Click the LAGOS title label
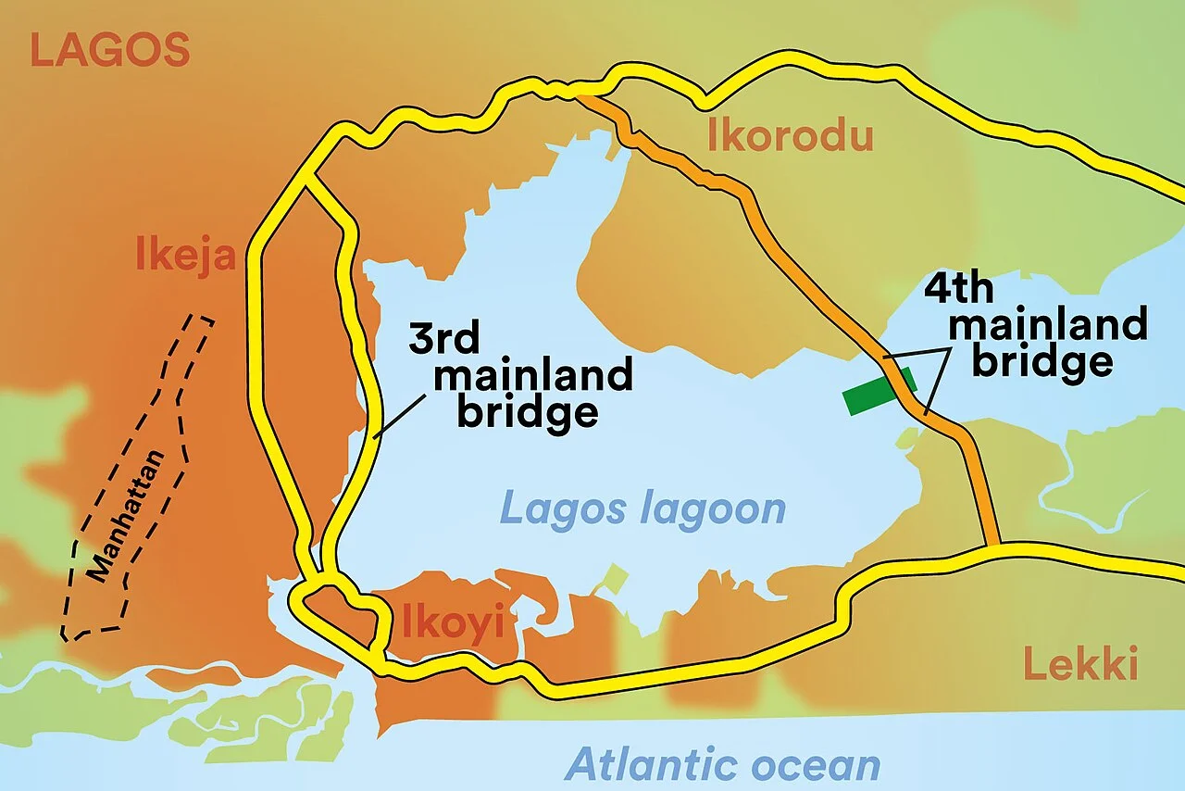(x=109, y=50)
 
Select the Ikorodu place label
(x=790, y=137)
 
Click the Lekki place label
(x=1079, y=665)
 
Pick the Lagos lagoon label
(x=642, y=508)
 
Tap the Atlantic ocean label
(x=722, y=765)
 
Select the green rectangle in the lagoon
(x=879, y=390)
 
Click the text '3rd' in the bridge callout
(x=445, y=340)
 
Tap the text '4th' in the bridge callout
(x=959, y=289)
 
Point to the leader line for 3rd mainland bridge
(x=399, y=414)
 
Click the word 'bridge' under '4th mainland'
(x=1042, y=361)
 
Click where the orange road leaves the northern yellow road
(x=580, y=93)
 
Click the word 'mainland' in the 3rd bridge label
(x=533, y=376)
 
